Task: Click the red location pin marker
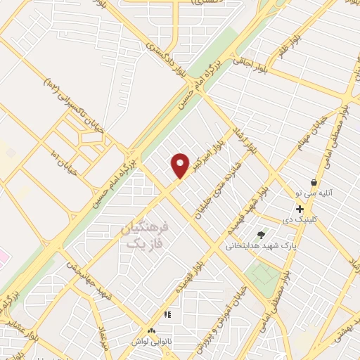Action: (181, 165)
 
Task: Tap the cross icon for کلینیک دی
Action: (300, 209)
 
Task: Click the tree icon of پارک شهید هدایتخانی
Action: (262, 236)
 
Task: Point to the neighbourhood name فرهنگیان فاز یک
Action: (146, 236)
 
